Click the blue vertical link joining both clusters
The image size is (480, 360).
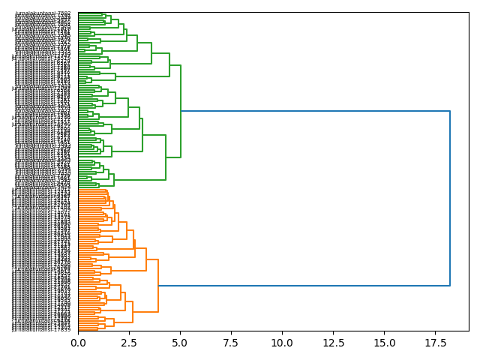point(450,198)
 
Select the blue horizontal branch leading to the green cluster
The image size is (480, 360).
point(315,111)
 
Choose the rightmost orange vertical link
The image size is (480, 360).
point(158,286)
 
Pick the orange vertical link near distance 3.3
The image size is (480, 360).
point(146,259)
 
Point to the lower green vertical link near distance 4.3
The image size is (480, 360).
point(166,157)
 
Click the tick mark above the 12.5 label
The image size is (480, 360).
point(333,333)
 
